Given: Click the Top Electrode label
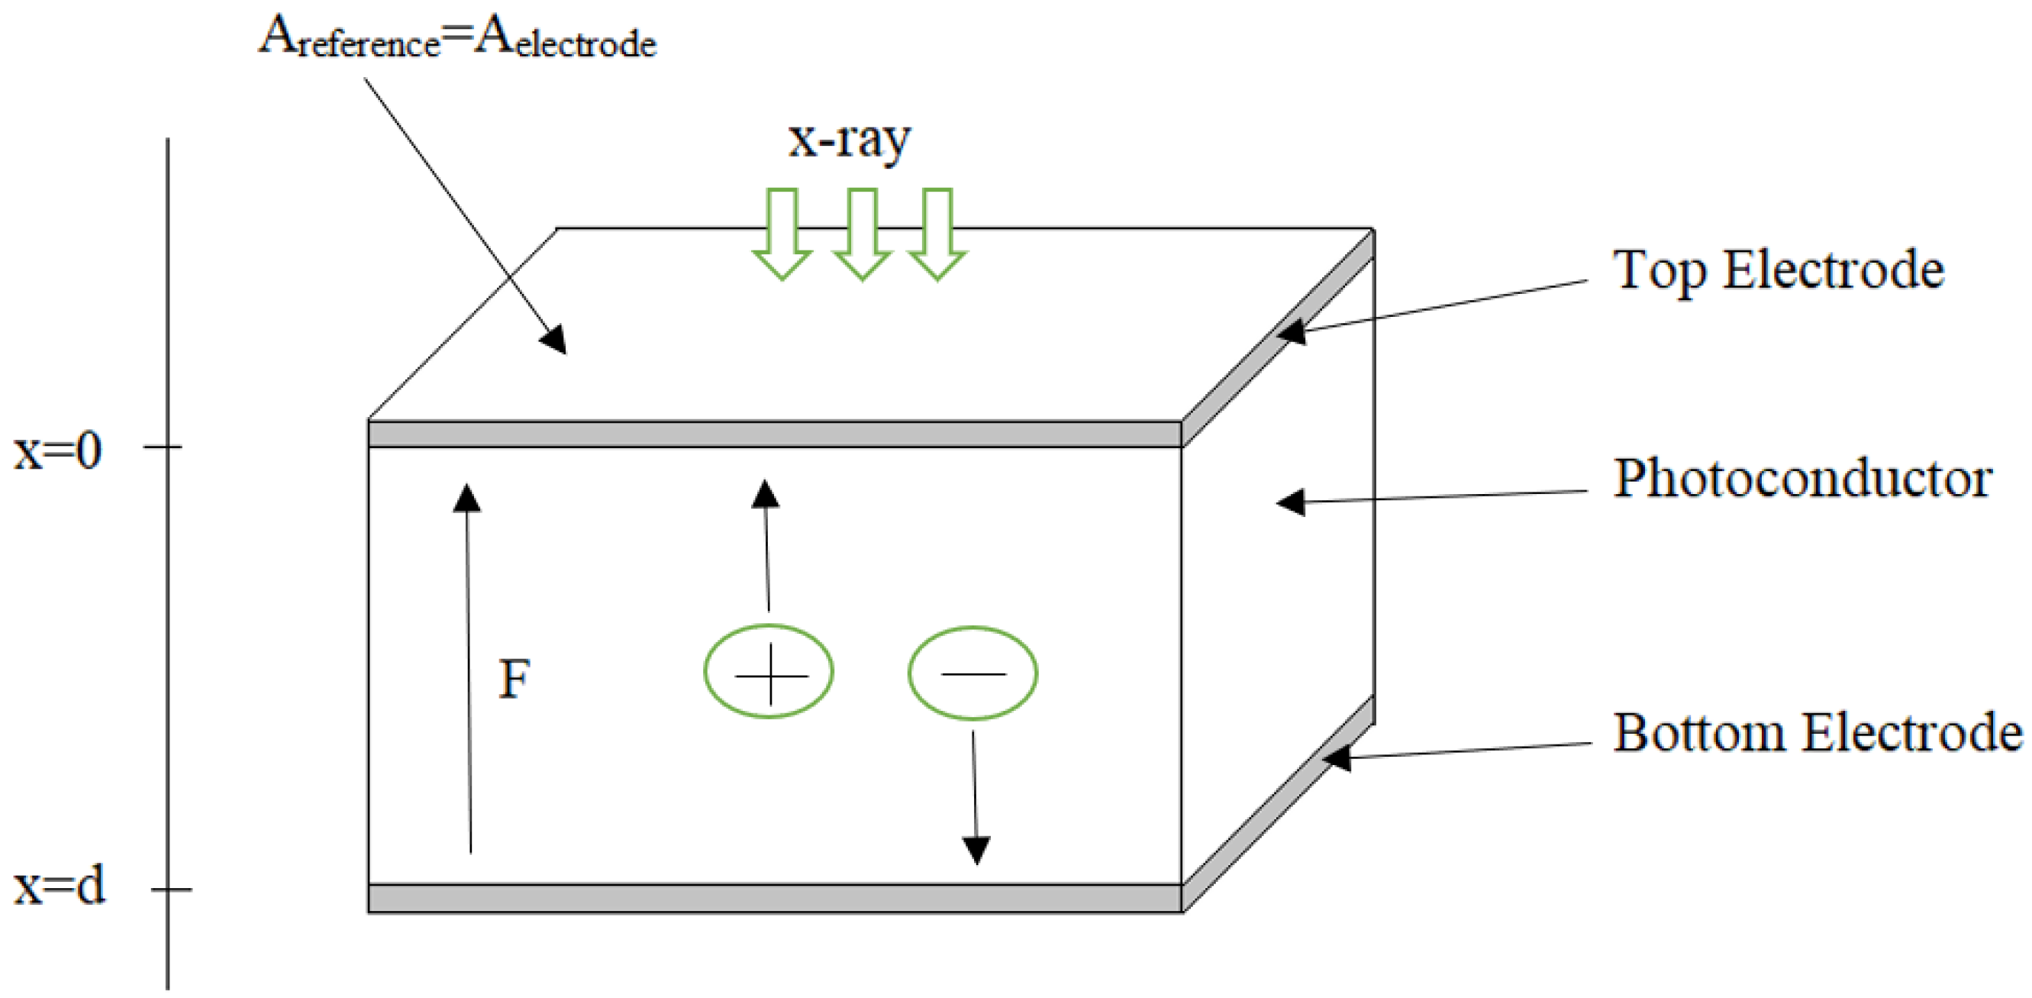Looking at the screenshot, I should click(1778, 270).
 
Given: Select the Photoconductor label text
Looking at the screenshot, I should click(1802, 479).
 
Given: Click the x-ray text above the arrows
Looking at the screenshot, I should click(850, 140).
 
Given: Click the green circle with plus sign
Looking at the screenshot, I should click(769, 671).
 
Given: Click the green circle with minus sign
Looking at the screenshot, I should click(972, 673).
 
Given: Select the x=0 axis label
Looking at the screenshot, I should click(57, 451).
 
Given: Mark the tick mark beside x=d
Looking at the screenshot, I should click(171, 890).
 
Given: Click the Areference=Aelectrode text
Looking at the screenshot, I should click(457, 38).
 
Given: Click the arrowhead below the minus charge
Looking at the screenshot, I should click(976, 851).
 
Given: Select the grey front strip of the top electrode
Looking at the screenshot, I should click(773, 434).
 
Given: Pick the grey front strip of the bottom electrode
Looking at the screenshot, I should click(773, 899).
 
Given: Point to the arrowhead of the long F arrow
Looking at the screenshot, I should click(467, 499).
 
